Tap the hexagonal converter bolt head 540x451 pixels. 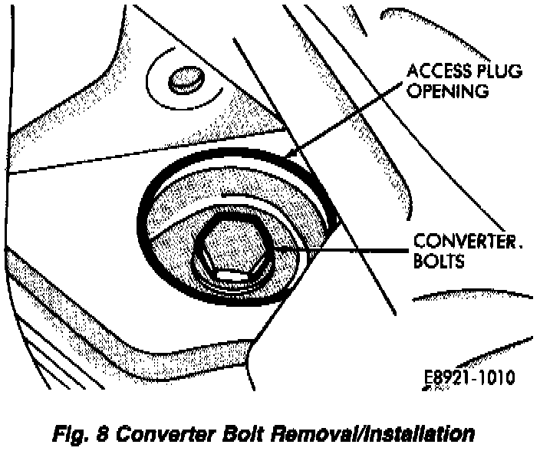pyautogui.click(x=232, y=249)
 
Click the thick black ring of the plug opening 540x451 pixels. pyautogui.click(x=146, y=230)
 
